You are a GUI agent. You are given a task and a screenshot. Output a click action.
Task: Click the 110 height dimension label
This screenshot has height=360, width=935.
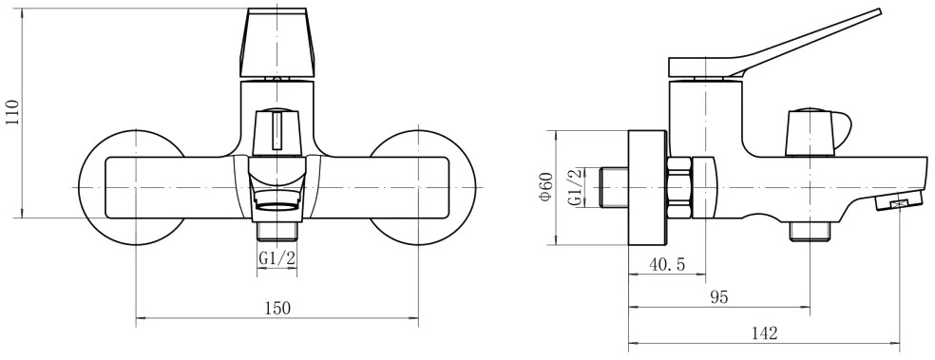click(13, 113)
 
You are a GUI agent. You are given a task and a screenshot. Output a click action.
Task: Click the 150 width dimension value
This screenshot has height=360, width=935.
click(277, 308)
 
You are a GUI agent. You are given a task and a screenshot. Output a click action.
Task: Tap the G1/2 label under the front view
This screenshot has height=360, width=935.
click(277, 257)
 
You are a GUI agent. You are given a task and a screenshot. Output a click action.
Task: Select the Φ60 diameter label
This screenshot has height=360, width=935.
click(546, 186)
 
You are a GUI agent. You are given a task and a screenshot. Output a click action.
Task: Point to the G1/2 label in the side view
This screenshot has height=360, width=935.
click(575, 187)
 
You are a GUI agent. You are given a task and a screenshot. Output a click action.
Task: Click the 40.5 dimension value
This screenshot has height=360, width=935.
click(667, 264)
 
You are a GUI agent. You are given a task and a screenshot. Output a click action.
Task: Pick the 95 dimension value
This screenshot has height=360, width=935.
click(719, 296)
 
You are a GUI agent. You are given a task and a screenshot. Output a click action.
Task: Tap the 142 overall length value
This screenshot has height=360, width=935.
click(765, 332)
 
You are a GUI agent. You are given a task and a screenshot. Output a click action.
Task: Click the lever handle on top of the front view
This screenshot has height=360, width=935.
click(277, 43)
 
